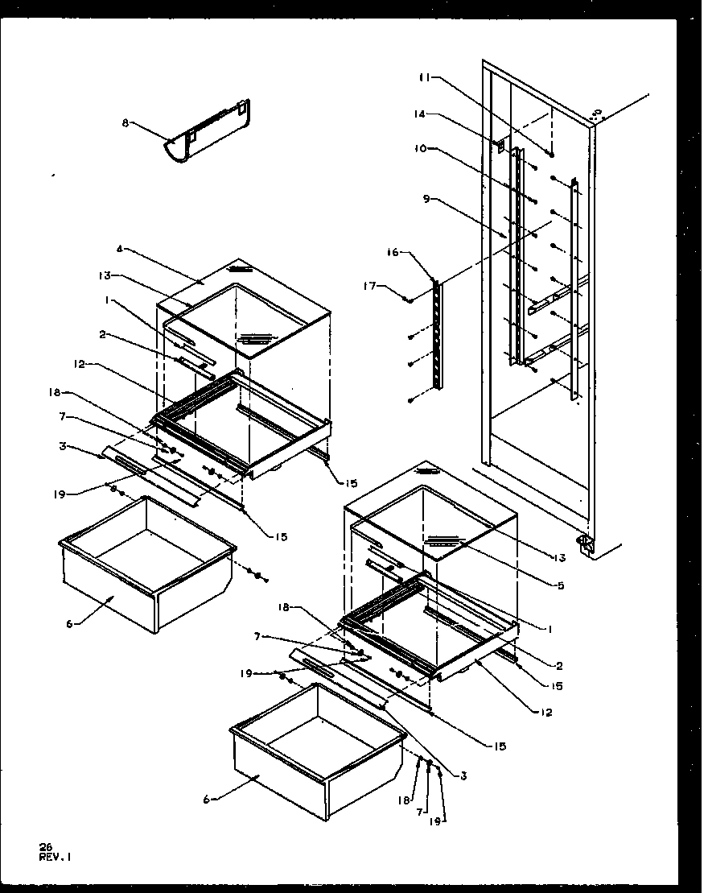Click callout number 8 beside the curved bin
pyautogui.click(x=125, y=124)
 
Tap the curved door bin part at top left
pyautogui.click(x=208, y=132)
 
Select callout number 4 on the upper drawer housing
pyautogui.click(x=119, y=249)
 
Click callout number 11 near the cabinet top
pyautogui.click(x=423, y=77)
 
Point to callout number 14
pyautogui.click(x=419, y=115)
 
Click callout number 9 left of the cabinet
pyautogui.click(x=426, y=199)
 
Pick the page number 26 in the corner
pyautogui.click(x=45, y=846)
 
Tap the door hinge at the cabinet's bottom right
pyautogui.click(x=586, y=545)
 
